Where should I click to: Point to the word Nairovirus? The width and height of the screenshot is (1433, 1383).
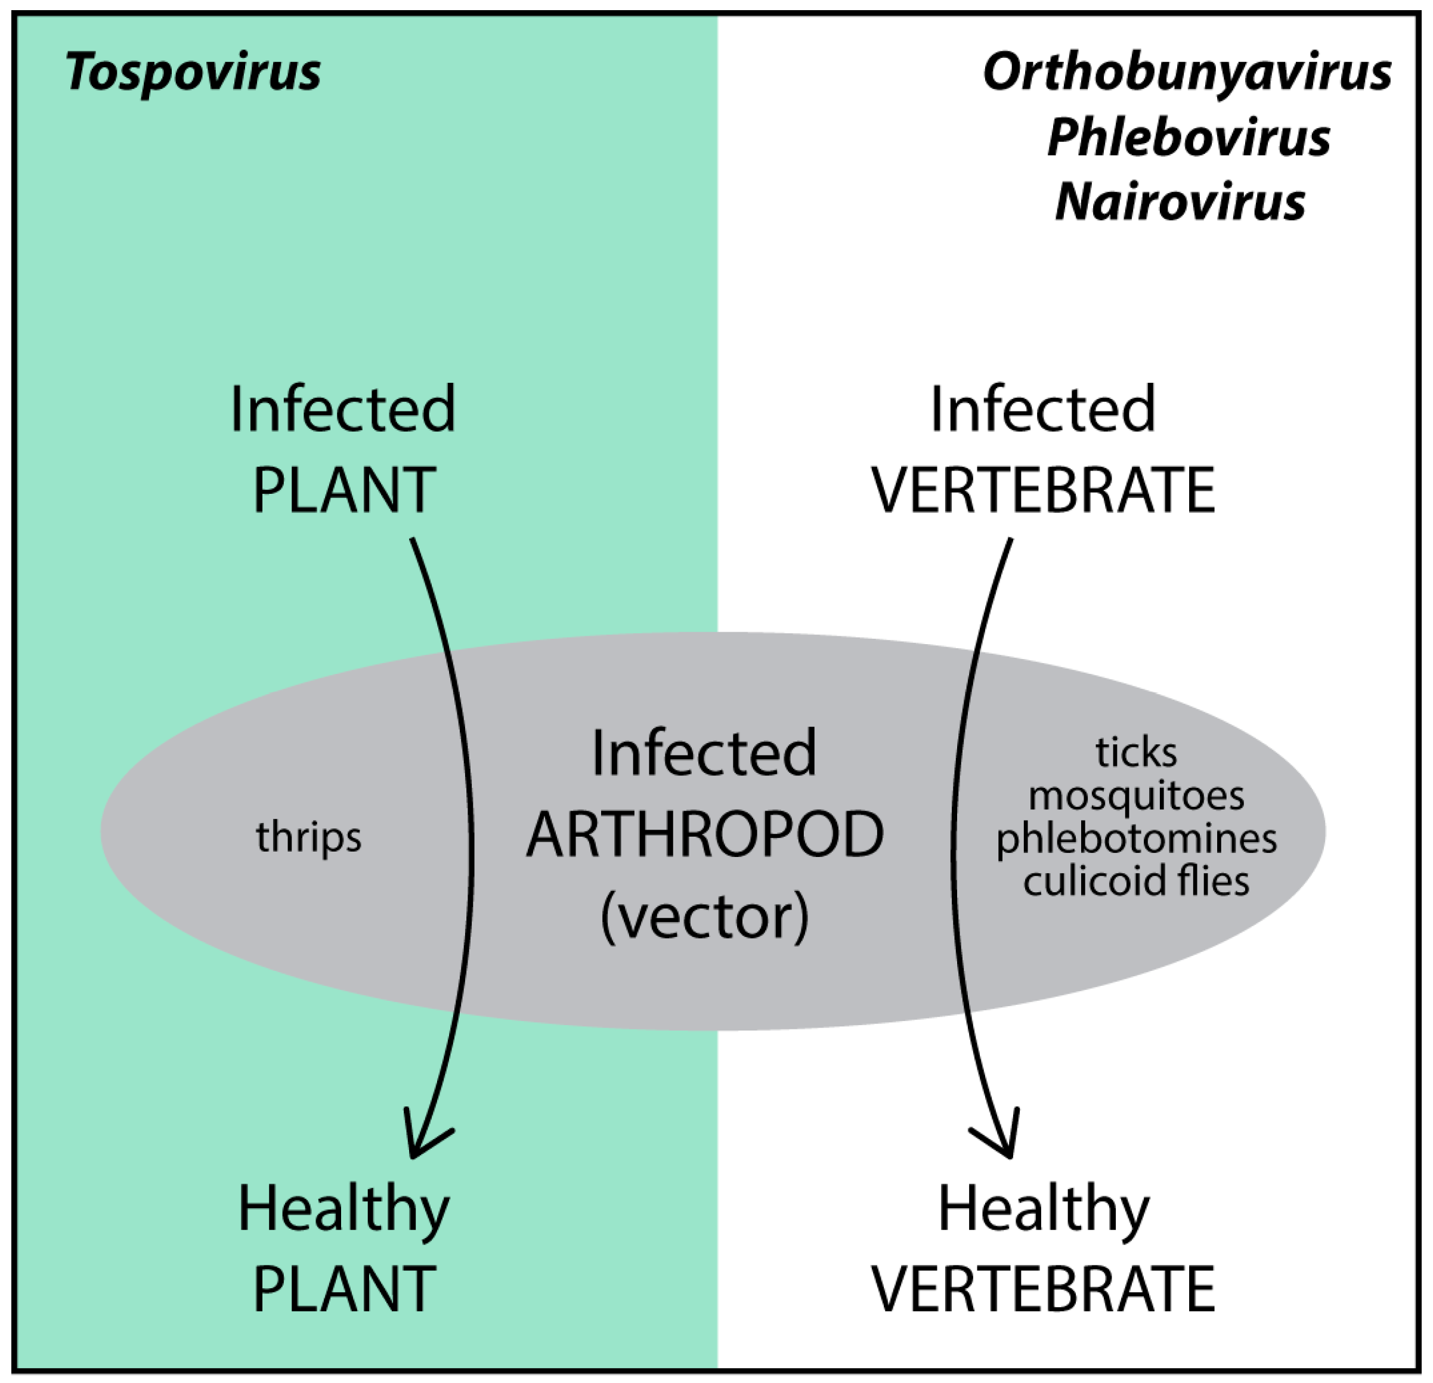tap(1180, 201)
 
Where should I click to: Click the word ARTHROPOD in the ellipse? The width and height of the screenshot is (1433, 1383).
tap(705, 834)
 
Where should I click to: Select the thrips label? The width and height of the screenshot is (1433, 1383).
tap(308, 837)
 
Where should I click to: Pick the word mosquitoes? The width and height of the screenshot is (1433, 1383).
tap(1135, 795)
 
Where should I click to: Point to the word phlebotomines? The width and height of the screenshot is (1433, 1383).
tap(1135, 838)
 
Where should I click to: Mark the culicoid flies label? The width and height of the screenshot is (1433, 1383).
tap(1135, 881)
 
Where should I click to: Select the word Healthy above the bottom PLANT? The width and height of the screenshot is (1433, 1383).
tap(343, 1211)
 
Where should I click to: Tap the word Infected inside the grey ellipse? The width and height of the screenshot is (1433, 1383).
tap(703, 753)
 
